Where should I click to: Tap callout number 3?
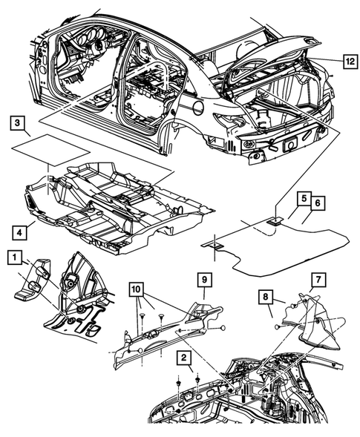pos(20,122)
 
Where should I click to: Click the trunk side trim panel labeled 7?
pos(315,323)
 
